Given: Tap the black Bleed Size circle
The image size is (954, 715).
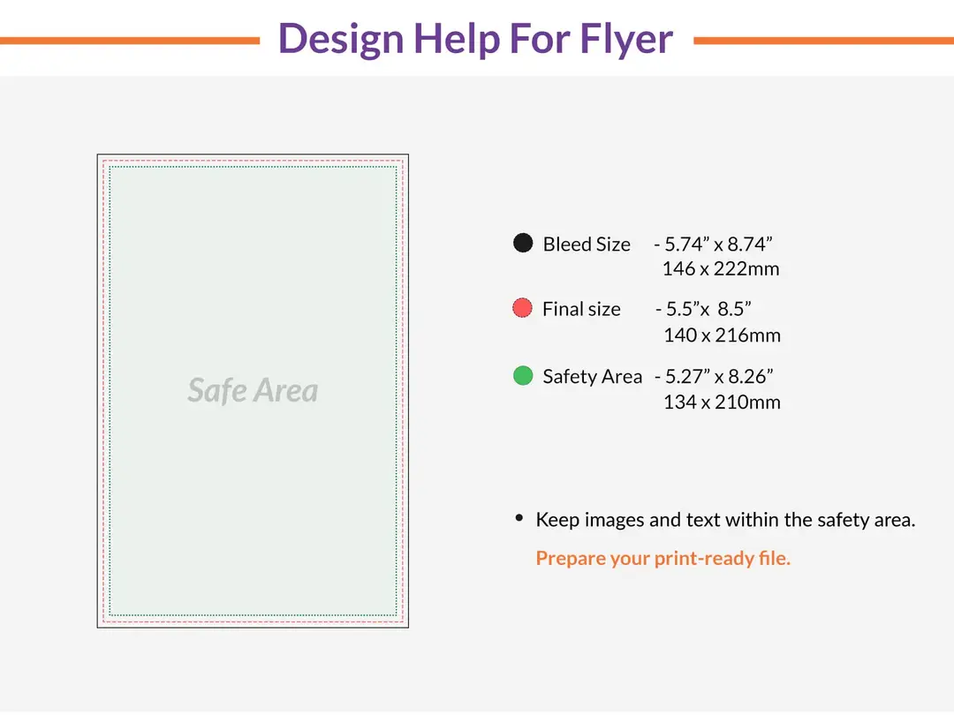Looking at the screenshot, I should (x=523, y=243).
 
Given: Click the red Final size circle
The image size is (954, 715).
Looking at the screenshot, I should (x=523, y=308).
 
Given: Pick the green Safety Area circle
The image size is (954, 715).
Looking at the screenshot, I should (x=523, y=375).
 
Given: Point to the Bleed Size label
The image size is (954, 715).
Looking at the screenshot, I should (x=587, y=245).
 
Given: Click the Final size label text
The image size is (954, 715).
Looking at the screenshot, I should (x=581, y=310).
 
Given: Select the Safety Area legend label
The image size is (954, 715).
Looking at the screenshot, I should (x=592, y=377).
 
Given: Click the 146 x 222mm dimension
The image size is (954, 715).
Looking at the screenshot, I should (x=721, y=268).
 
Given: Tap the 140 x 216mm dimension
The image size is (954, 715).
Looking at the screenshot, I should (x=722, y=335).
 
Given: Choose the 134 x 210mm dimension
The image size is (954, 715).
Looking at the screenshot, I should (x=722, y=403).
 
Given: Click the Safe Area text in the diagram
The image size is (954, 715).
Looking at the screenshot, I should (x=253, y=390).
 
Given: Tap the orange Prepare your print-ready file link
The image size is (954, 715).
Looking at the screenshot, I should (x=662, y=558).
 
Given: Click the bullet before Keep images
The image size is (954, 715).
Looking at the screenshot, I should (x=519, y=518).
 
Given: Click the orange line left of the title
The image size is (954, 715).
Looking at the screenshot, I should (x=129, y=40).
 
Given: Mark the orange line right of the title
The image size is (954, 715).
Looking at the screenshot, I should (x=823, y=40).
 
